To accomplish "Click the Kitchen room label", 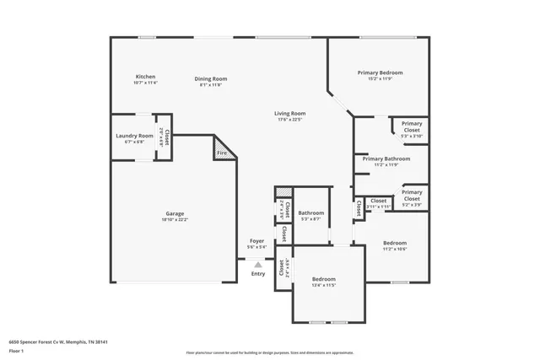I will [x=145, y=76].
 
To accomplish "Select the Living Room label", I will [x=289, y=113].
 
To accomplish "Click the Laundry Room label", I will [x=134, y=136].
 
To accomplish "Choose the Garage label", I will [x=175, y=213].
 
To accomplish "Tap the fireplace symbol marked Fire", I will [x=222, y=153].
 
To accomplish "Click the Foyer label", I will [x=257, y=241].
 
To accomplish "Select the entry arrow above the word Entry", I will [x=258, y=264].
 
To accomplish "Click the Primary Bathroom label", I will [x=386, y=159].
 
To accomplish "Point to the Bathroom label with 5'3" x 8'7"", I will [x=310, y=213].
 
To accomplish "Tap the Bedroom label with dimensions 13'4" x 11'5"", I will [x=324, y=279].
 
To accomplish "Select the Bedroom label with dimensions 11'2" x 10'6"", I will [x=395, y=243].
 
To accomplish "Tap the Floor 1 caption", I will [x=18, y=352].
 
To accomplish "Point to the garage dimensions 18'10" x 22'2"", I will [x=175, y=219].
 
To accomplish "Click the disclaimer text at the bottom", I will [x=270, y=353].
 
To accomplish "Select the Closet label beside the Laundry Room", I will [x=167, y=136].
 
